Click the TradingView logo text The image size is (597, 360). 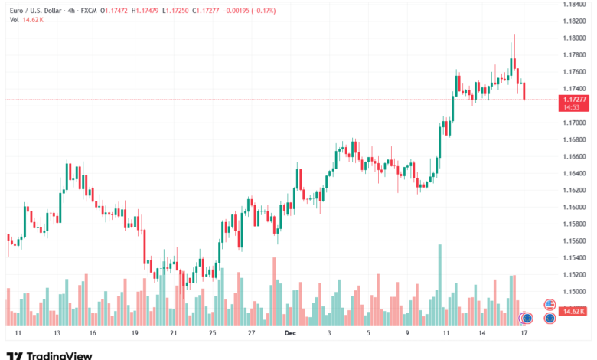click(x=59, y=355)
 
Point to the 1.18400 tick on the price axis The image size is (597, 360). click(x=575, y=5)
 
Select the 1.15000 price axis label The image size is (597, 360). click(x=575, y=292)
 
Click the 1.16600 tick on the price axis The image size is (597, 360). click(x=575, y=156)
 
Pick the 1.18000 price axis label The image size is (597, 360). click(x=575, y=38)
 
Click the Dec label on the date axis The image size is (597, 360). click(x=289, y=334)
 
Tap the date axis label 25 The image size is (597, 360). click(x=212, y=334)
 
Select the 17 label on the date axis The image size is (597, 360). click(x=524, y=334)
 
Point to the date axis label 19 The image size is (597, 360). click(x=134, y=334)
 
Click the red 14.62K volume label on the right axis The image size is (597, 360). click(x=573, y=311)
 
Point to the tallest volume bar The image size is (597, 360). click(x=439, y=283)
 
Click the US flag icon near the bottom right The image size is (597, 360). click(x=549, y=304)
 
